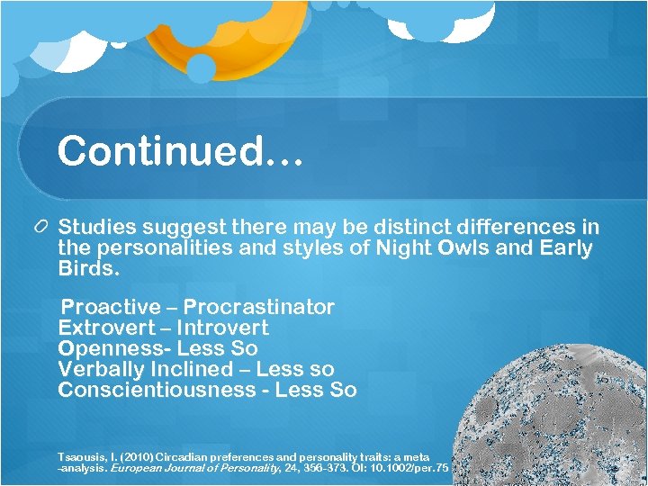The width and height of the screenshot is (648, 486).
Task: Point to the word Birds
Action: tap(87, 268)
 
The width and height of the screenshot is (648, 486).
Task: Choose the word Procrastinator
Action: tap(259, 308)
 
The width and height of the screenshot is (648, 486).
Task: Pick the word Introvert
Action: tap(222, 328)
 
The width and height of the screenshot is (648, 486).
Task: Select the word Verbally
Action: tap(100, 369)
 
